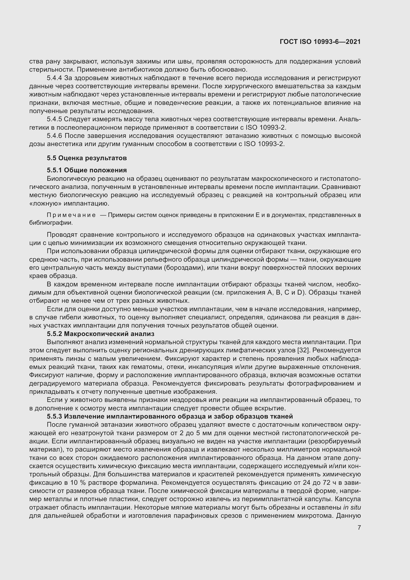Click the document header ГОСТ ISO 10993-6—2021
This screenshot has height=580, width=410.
320,42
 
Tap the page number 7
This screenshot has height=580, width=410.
359,527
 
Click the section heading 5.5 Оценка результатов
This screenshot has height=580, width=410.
87,158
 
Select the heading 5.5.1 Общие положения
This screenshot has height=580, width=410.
87,170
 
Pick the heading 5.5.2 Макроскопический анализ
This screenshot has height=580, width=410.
100,334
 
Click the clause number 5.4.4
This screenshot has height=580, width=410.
54,78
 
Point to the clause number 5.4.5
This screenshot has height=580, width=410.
54,119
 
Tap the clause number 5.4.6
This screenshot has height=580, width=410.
54,136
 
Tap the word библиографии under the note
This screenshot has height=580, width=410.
51,223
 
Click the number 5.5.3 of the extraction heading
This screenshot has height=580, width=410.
54,416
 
